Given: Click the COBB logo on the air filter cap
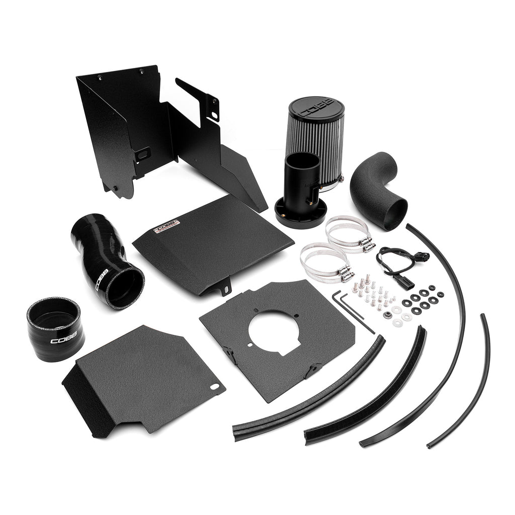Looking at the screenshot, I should point(317,108).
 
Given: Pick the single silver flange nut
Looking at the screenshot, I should point(388,315).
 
